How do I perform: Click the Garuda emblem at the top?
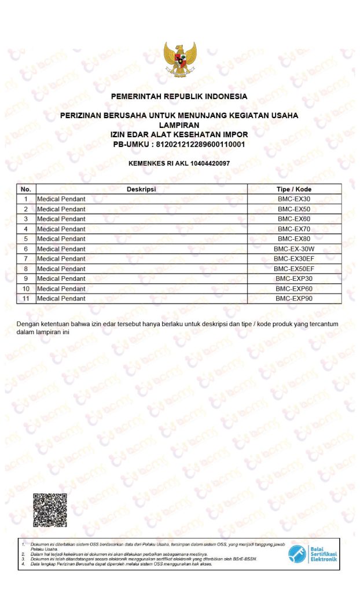[x=179, y=60]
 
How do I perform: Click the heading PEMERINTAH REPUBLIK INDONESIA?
[x=179, y=96]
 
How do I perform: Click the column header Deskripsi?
[x=142, y=189]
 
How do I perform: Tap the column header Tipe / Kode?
[x=294, y=189]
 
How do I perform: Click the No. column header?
[x=26, y=189]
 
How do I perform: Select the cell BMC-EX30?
[x=294, y=199]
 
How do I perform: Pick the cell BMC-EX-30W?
[x=294, y=249]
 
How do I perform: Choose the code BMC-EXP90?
[x=294, y=299]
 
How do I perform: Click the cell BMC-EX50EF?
[x=294, y=269]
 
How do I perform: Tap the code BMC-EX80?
[x=294, y=239]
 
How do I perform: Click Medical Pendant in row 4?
[x=61, y=229]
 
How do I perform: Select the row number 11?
[x=26, y=299]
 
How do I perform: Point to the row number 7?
[x=26, y=259]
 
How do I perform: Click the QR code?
[x=50, y=510]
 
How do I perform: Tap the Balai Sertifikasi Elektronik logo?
[x=313, y=554]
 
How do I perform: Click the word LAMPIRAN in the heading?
[x=179, y=125]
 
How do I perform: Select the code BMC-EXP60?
[x=294, y=289]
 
